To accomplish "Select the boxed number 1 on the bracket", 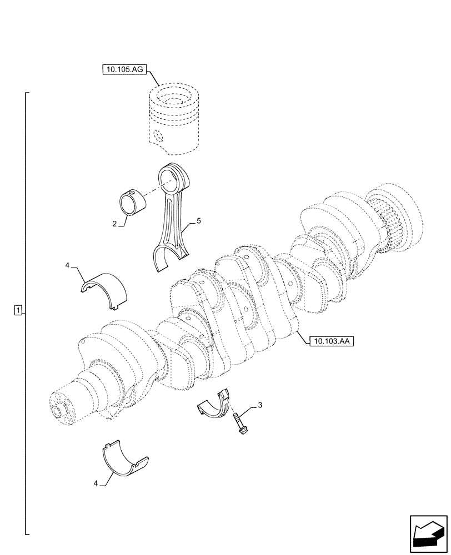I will pyautogui.click(x=19, y=310).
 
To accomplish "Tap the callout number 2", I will pyautogui.click(x=114, y=224).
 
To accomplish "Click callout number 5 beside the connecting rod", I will pyautogui.click(x=198, y=221).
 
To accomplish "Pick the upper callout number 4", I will pyautogui.click(x=67, y=266).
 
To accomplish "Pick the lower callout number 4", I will pyautogui.click(x=96, y=484).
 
